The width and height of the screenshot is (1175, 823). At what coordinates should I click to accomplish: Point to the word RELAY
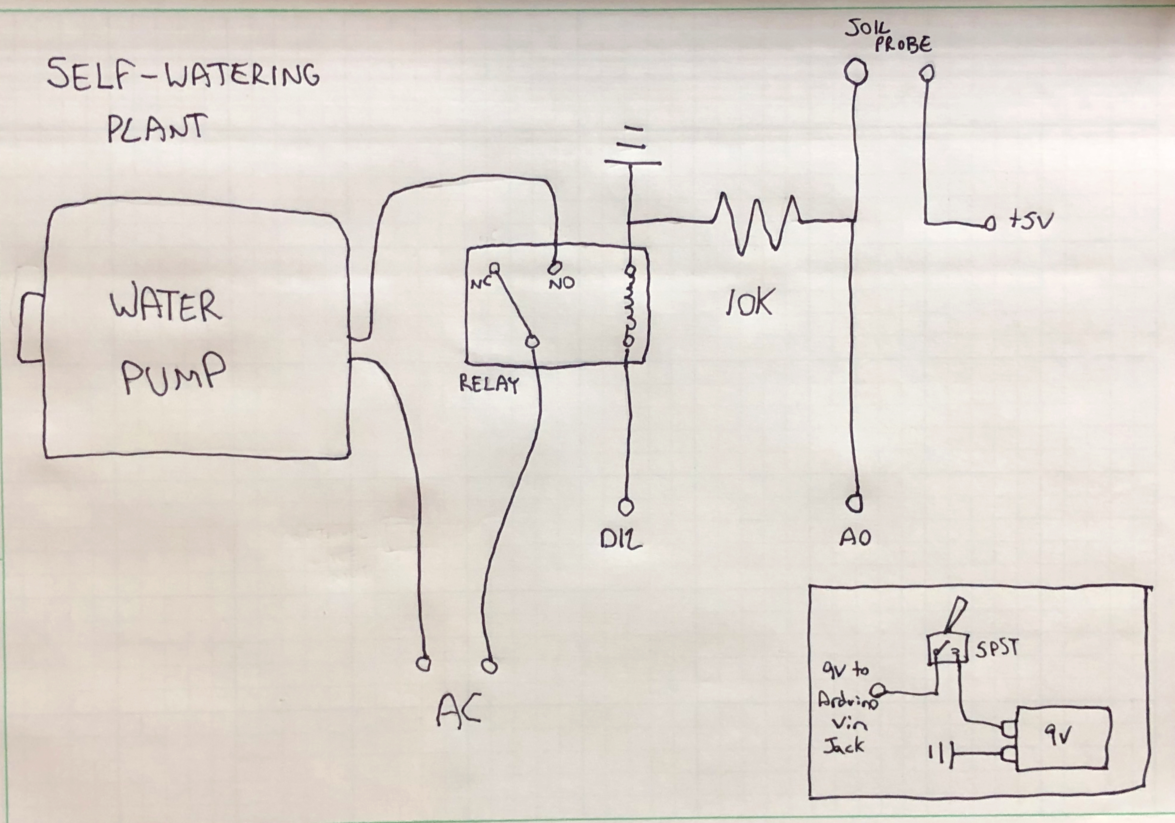489,384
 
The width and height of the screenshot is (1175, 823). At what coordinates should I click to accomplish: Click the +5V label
1030,221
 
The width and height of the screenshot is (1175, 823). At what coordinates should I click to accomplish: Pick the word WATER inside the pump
165,307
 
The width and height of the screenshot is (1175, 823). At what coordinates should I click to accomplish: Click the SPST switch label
997,649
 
